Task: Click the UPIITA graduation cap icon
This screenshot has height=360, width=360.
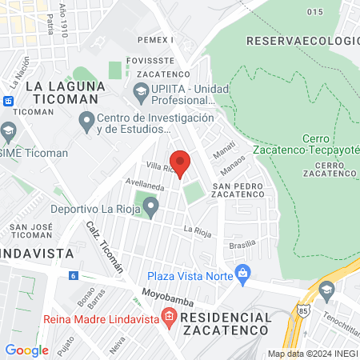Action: point(142,94)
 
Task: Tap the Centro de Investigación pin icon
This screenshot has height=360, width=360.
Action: point(87,122)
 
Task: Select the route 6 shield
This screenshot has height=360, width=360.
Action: point(73,275)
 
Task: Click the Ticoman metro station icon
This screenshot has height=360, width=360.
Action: point(8,101)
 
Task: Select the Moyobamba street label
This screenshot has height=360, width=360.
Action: point(165,295)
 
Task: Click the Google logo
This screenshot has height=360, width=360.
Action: point(26,350)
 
